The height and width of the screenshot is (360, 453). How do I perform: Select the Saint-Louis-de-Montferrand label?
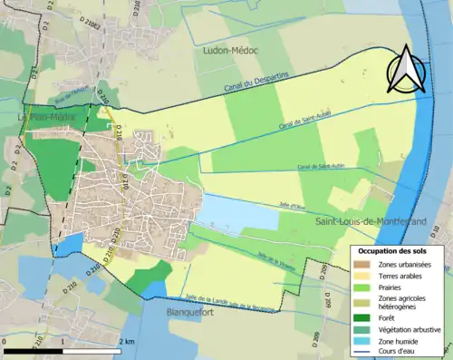(x=371, y=221)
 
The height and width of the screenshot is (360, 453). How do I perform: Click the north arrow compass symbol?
(x=408, y=70)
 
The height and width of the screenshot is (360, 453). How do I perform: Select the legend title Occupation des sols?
(x=392, y=250)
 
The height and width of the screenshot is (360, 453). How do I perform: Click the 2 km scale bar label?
(x=128, y=340)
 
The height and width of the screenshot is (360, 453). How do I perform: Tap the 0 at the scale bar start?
(x=5, y=340)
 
